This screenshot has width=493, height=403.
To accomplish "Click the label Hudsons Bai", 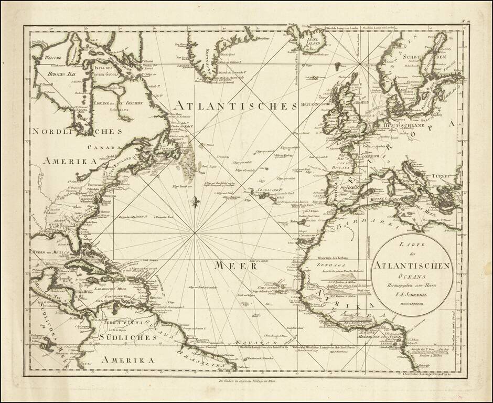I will [48, 75].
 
